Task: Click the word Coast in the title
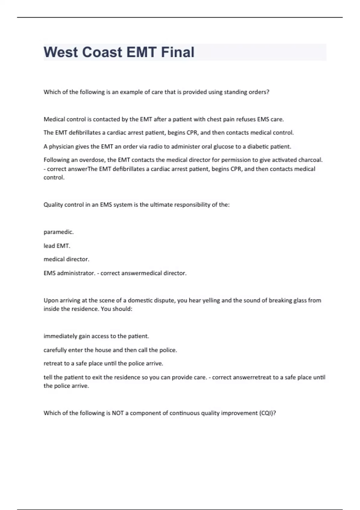(102, 52)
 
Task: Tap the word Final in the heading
(178, 52)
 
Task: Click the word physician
(61, 147)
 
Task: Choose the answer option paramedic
(58, 232)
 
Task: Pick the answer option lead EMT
(57, 246)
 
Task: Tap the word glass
(300, 300)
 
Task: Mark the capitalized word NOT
(118, 413)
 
